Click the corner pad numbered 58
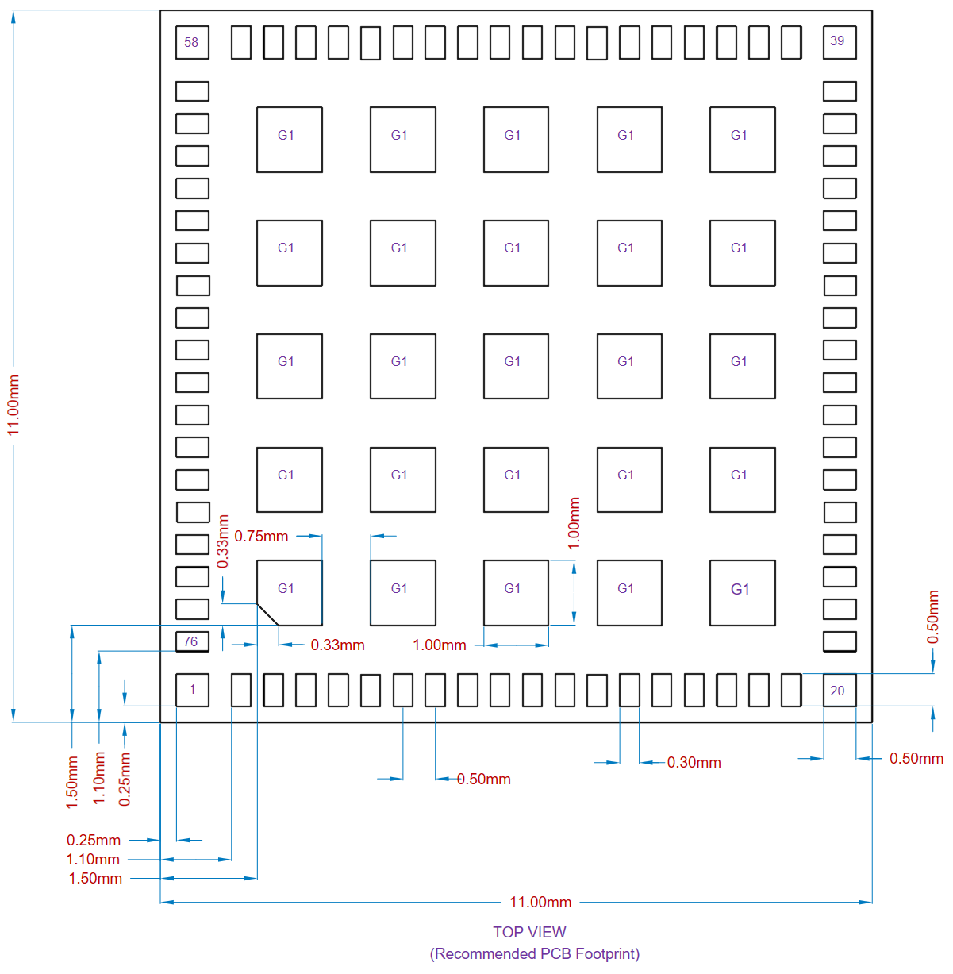click(192, 43)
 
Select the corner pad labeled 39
click(839, 42)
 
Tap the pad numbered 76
click(192, 641)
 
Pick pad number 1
click(192, 690)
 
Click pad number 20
click(839, 691)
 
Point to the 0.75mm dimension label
click(261, 537)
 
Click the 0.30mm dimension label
click(694, 763)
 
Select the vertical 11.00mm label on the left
click(13, 405)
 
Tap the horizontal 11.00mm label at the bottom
click(540, 903)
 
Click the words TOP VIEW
click(529, 933)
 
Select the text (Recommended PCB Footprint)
click(535, 954)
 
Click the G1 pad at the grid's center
click(516, 366)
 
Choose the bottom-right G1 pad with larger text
click(742, 593)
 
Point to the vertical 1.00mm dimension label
click(574, 523)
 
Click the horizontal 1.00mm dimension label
click(440, 645)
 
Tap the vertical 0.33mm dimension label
click(223, 541)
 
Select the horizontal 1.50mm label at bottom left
click(95, 879)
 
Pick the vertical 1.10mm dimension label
click(99, 778)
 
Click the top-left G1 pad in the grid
click(289, 140)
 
